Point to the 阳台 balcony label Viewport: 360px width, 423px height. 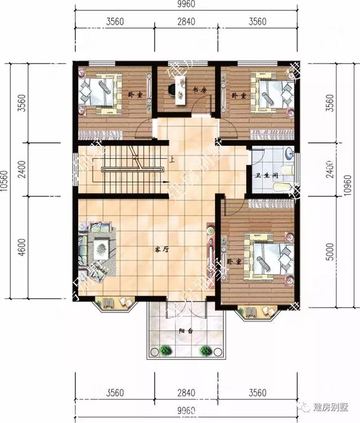[x=186, y=331]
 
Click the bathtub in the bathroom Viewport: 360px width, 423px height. [x=284, y=187]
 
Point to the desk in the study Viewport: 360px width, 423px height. [x=180, y=90]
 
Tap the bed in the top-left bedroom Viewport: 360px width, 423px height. [x=100, y=90]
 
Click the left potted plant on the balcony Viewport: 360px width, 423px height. [x=165, y=350]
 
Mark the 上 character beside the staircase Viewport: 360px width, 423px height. [x=171, y=160]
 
